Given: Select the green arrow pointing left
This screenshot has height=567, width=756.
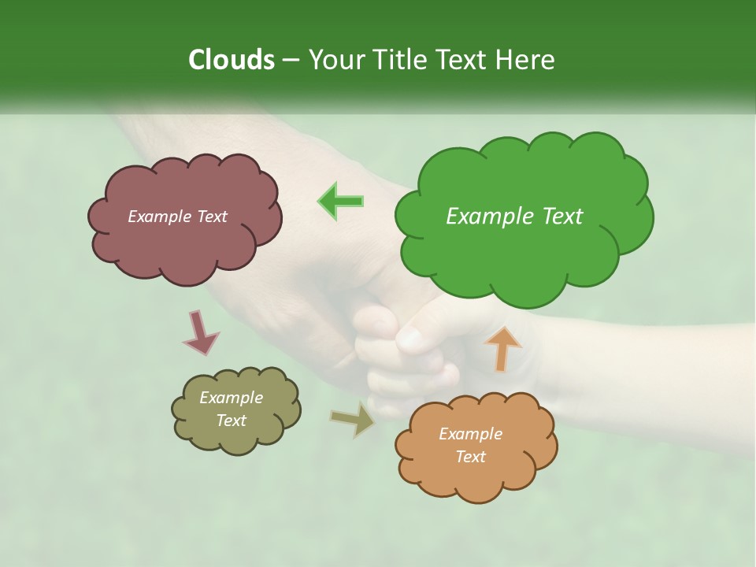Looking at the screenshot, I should coord(341,201).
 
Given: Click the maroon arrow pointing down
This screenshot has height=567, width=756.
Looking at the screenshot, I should coord(200,332).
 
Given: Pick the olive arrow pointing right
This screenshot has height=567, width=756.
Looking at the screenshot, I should coord(353,419).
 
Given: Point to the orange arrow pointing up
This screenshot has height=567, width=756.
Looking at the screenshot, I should coord(503,348).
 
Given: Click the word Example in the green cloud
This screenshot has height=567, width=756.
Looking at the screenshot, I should coord(491,217).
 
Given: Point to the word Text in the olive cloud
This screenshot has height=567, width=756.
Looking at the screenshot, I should coord(232,421).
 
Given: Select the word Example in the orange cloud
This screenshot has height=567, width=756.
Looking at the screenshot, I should coord(470,434).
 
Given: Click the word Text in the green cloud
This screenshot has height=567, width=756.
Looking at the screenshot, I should coord(562,217).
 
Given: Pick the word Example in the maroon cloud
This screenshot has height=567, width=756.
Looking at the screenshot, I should coord(158,217).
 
